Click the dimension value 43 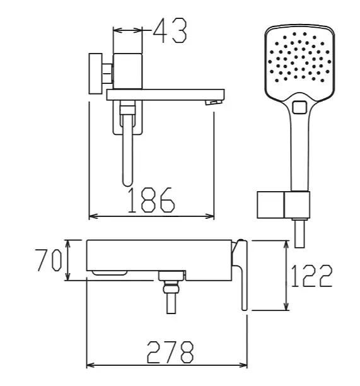coord(170,30)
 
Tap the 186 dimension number coord(151,200)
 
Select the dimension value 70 coord(49,260)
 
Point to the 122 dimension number coord(311,276)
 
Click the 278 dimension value coord(170,353)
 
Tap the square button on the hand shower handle coord(299,108)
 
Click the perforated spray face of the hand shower coord(299,57)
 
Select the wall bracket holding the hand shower coord(283,205)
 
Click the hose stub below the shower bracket coord(299,233)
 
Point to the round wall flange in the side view coord(95,73)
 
